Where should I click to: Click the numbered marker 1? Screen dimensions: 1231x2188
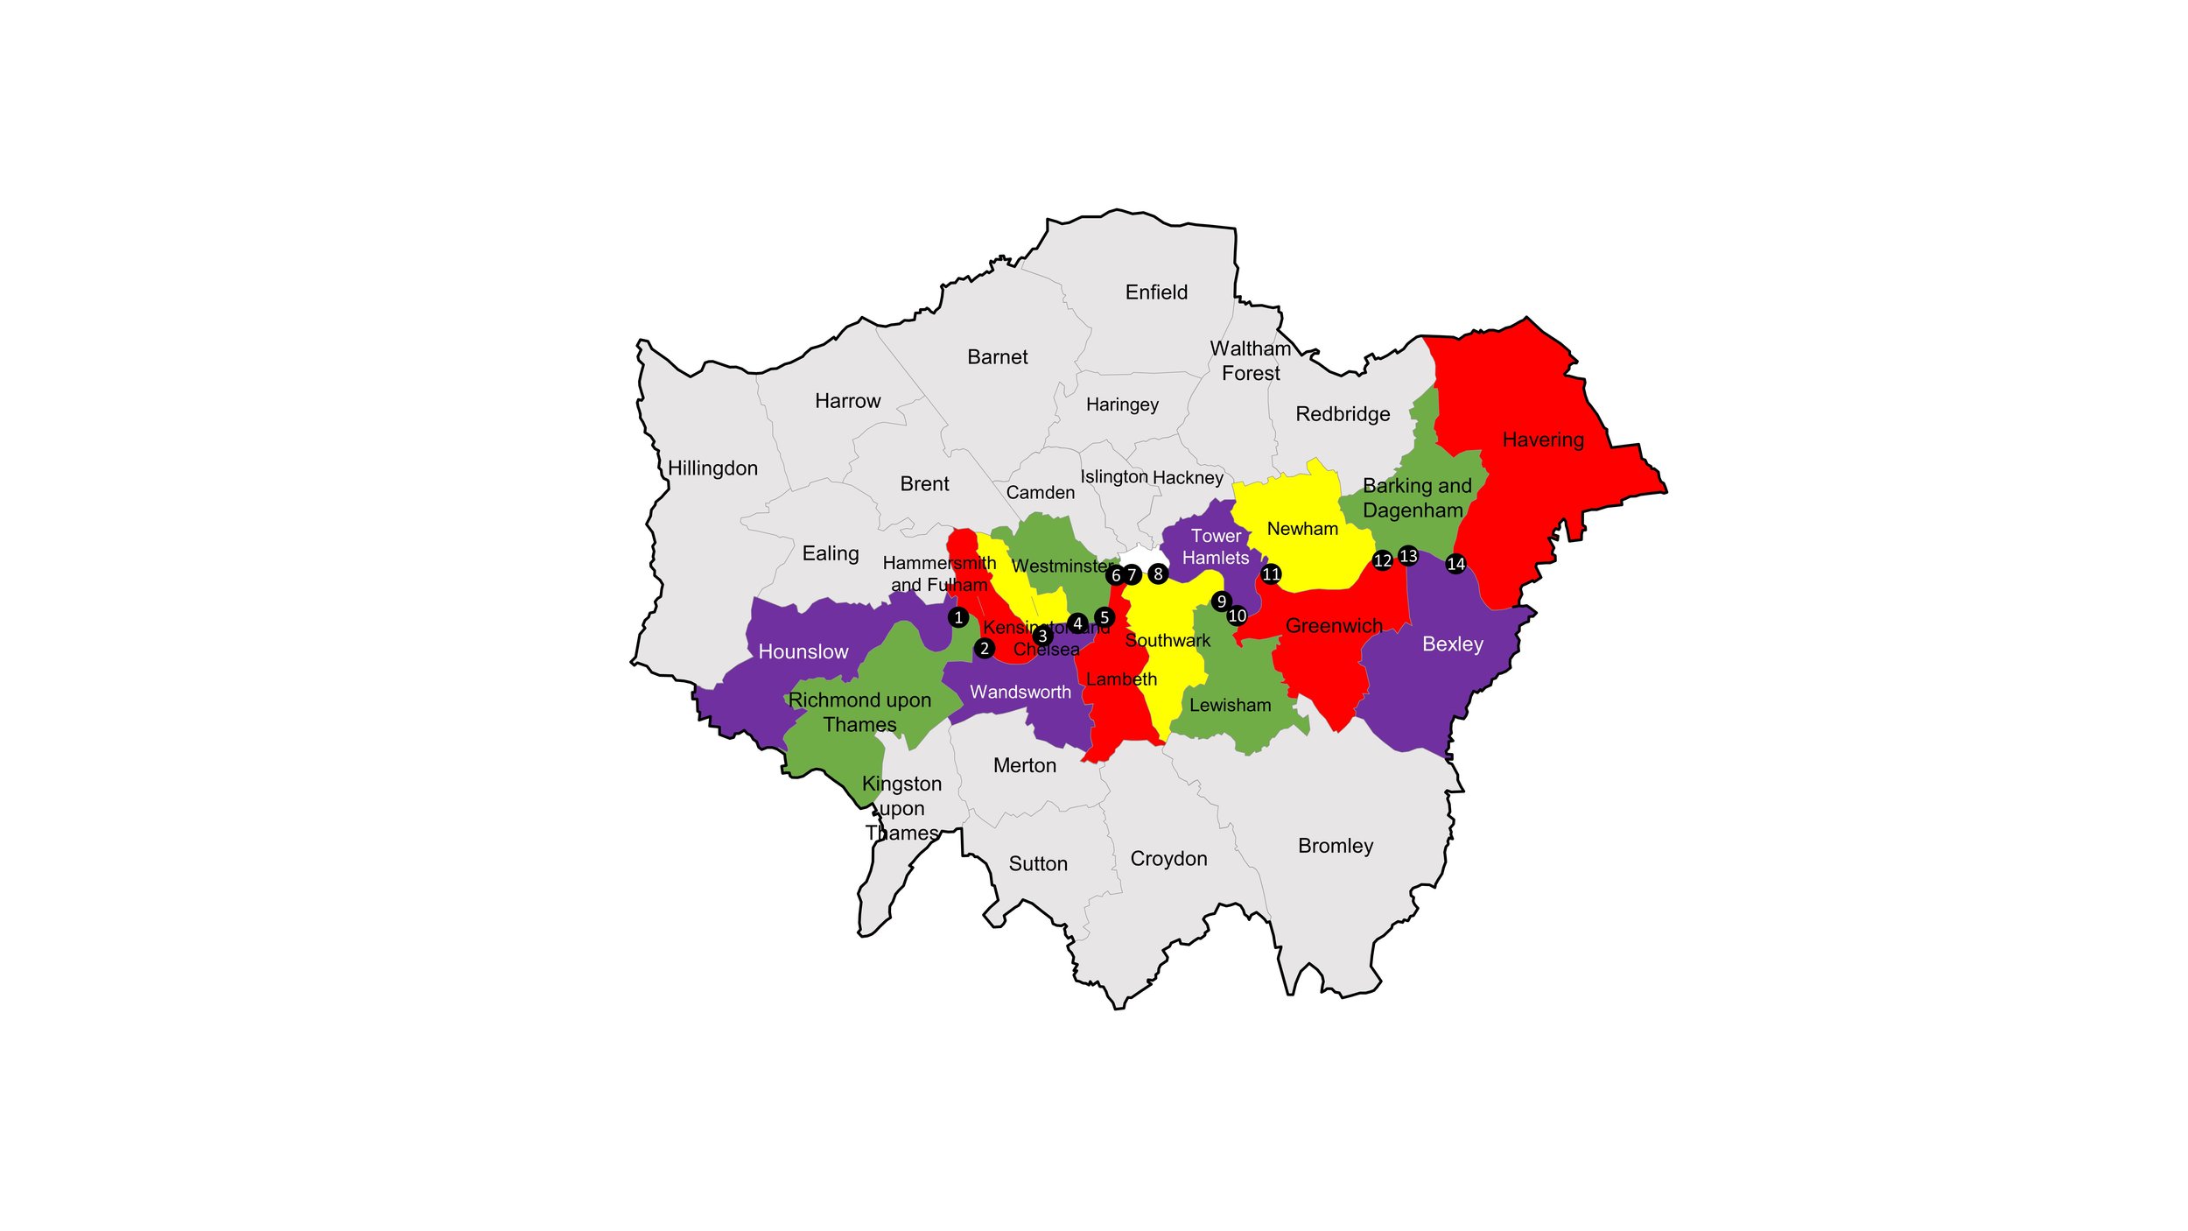958,617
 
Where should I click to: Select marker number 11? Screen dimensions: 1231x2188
1271,574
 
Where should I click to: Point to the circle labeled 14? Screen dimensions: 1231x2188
1455,564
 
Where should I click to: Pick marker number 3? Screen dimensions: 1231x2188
1041,636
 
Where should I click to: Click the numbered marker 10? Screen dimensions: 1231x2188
1237,615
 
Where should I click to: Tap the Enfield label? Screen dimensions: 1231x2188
1156,292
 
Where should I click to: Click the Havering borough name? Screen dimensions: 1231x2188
1543,440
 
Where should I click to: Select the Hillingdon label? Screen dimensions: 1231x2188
712,468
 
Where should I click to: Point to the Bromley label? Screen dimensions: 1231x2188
1336,846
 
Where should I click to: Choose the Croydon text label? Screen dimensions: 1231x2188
1168,859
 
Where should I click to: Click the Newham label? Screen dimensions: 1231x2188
1302,529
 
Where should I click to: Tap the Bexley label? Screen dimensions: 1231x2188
1453,644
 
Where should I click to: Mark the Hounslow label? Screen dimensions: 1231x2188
803,652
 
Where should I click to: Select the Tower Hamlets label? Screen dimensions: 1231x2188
1216,546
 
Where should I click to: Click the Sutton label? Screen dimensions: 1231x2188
1038,864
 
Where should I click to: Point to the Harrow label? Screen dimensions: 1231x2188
847,401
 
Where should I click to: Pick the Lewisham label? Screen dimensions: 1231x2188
1230,706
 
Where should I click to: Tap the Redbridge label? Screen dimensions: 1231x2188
1343,414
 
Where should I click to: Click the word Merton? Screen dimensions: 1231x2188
1025,766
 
